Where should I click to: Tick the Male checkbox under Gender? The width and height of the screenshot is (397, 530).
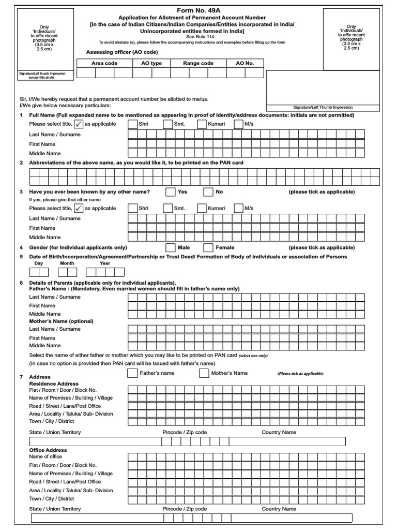coord(171,248)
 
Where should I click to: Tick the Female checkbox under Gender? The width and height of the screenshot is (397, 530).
coord(208,248)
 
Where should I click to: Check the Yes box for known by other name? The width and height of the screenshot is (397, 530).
coord(171,192)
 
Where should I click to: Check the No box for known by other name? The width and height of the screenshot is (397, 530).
coord(208,192)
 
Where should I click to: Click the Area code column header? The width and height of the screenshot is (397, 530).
coord(104,63)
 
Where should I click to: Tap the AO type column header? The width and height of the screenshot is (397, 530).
coord(151,63)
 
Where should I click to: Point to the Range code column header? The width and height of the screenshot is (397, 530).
coord(198,63)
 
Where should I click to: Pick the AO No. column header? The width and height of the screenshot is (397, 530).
coord(245,63)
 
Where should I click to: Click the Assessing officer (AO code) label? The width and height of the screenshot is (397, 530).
coord(122,52)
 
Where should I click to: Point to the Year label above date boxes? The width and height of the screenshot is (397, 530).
coord(105,263)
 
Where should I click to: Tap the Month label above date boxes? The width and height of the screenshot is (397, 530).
coord(67,263)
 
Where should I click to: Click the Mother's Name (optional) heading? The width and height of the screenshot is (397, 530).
coord(62,321)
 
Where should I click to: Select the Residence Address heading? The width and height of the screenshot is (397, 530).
coord(54,384)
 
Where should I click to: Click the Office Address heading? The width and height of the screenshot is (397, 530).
coord(48,450)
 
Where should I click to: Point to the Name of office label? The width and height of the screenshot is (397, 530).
coord(45,457)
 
